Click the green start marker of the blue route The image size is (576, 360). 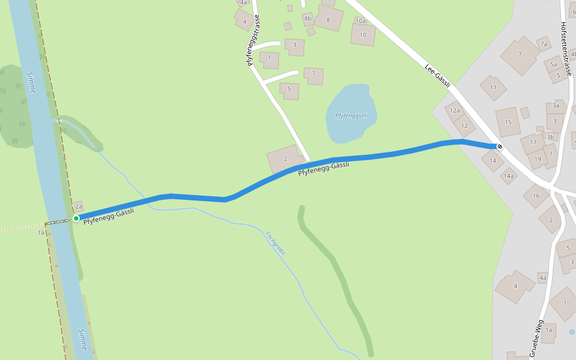(76, 218)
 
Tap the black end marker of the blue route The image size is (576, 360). (499, 146)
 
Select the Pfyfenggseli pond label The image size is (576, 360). (351, 115)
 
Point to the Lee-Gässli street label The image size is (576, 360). (437, 75)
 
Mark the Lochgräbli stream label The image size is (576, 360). (276, 243)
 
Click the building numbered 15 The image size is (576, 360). (508, 122)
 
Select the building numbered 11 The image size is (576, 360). (493, 88)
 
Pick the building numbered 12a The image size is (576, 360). (455, 110)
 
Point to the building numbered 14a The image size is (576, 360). (509, 176)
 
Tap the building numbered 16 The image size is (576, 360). (536, 196)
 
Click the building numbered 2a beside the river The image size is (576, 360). (79, 206)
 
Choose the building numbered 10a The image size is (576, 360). (360, 21)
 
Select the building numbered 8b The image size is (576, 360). (308, 19)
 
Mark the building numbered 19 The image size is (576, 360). (538, 159)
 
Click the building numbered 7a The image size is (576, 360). (544, 44)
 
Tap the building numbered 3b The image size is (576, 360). (550, 137)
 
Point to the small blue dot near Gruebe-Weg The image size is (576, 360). (572, 332)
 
